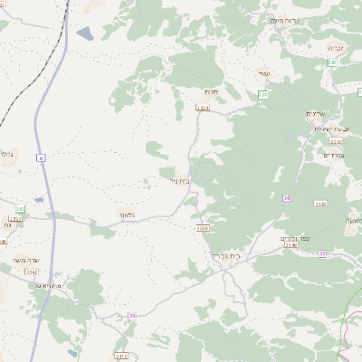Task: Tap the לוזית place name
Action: click(212, 91)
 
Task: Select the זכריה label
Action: click(337, 46)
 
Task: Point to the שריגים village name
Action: click(314, 113)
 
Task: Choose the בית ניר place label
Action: click(179, 180)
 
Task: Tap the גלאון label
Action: click(127, 214)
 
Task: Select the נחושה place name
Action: click(354, 221)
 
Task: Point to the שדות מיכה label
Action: click(284, 20)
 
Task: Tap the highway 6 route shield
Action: click(41, 157)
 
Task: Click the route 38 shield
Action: click(287, 197)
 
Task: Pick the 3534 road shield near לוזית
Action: click(202, 107)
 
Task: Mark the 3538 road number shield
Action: click(202, 228)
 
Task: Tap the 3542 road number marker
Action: click(32, 271)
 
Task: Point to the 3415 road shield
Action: click(121, 356)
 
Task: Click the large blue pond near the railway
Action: click(84, 34)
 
